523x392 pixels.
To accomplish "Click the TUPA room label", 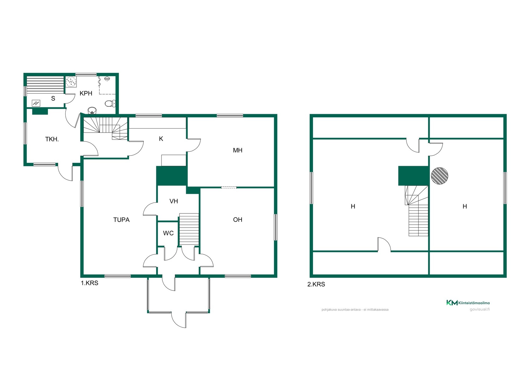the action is [x=121, y=220].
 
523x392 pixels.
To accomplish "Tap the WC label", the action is [x=168, y=233].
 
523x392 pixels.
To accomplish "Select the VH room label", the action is [x=174, y=201].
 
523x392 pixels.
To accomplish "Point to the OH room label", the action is [x=238, y=220].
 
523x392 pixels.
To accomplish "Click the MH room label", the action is [x=238, y=150].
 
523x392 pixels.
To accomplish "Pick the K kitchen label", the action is [x=161, y=139].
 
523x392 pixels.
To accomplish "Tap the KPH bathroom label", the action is [x=86, y=93].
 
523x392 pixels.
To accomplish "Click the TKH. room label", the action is [x=52, y=139].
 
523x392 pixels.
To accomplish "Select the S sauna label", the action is [x=53, y=99].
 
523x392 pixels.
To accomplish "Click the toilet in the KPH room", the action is [x=110, y=103].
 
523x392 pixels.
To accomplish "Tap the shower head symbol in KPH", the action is [x=107, y=79].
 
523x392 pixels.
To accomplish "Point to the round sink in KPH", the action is [x=92, y=110].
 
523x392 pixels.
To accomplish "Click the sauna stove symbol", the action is [x=36, y=103].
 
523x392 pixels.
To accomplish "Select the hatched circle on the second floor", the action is [x=439, y=176].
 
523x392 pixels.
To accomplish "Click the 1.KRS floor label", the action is [x=89, y=283].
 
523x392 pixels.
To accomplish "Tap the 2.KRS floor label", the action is [x=316, y=284].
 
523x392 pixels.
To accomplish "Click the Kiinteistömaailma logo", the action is [x=468, y=303].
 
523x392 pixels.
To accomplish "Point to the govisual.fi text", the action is [x=479, y=309].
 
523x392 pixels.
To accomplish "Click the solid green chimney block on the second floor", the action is [x=413, y=176].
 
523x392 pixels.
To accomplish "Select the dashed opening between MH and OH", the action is [x=229, y=187].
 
